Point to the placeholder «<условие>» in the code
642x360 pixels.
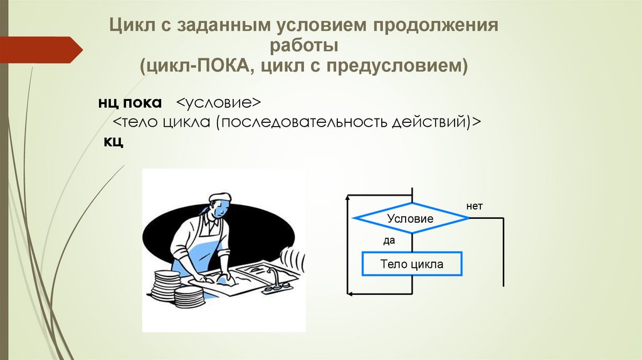218,102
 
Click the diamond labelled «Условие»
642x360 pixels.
411,219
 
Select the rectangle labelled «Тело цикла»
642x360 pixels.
411,264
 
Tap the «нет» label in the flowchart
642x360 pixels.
475,206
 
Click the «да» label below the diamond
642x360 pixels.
389,240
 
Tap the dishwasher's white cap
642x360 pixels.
218,197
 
